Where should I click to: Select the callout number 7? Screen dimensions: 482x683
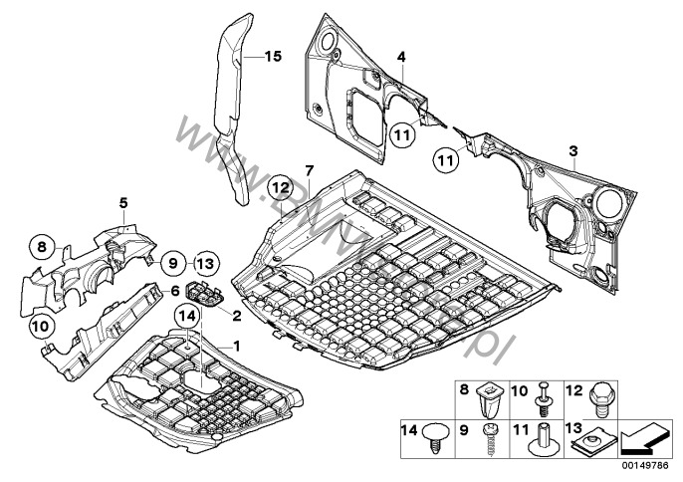pos(310,171)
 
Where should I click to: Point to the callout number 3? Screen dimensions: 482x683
pos(572,150)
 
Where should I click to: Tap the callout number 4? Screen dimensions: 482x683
pos(401,59)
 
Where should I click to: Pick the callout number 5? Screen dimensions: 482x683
pos(122,203)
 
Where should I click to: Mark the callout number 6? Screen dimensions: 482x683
pos(175,291)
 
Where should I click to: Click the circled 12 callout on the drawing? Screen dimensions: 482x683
pos(280,186)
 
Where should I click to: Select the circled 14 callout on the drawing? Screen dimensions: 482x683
pos(186,318)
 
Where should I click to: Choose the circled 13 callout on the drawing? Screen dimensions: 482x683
pos(203,263)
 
